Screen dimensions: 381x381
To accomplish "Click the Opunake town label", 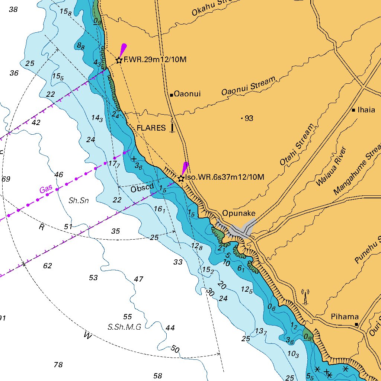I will (x=239, y=213).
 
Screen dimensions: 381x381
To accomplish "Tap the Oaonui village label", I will (x=187, y=94).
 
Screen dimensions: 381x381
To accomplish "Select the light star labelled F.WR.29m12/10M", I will (x=119, y=60).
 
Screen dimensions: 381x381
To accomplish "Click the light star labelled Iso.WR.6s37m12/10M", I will (x=181, y=178).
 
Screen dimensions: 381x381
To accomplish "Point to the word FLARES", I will (x=151, y=128).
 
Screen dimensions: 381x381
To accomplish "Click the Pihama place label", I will (x=345, y=317).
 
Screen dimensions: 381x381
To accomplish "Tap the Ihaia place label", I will (x=366, y=110).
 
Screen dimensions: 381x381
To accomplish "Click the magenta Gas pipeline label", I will (x=47, y=189).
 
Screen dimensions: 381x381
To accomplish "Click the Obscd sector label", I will (x=142, y=189).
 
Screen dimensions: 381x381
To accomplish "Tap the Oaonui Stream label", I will (x=249, y=86).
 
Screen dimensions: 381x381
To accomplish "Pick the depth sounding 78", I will (x=58, y=365).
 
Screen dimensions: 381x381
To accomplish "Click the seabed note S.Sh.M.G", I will (x=124, y=327).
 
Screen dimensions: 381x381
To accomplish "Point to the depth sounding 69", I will (x=6, y=179).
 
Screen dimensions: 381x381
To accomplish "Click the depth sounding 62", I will (x=47, y=266).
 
